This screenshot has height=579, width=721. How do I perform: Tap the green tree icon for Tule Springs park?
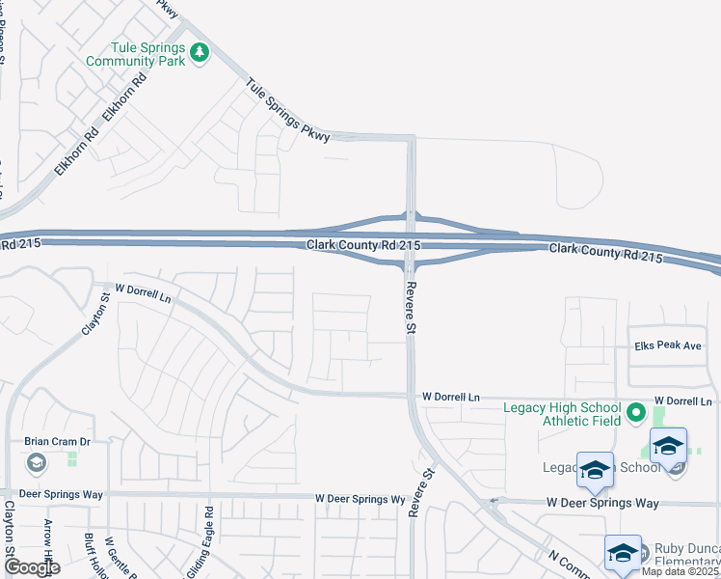click(200, 52)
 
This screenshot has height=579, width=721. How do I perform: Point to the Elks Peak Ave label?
click(668, 345)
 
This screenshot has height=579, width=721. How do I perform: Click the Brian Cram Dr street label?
click(57, 441)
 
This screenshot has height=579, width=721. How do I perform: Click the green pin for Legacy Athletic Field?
click(635, 413)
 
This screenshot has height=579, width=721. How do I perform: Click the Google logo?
click(31, 567)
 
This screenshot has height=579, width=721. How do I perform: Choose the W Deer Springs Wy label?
click(360, 499)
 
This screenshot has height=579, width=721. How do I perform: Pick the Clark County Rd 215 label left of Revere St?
click(364, 246)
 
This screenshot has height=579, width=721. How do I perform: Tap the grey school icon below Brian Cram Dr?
click(37, 464)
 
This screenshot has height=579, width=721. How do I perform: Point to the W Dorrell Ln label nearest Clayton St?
click(143, 293)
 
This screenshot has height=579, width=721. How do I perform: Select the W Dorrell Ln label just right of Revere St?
click(451, 397)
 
